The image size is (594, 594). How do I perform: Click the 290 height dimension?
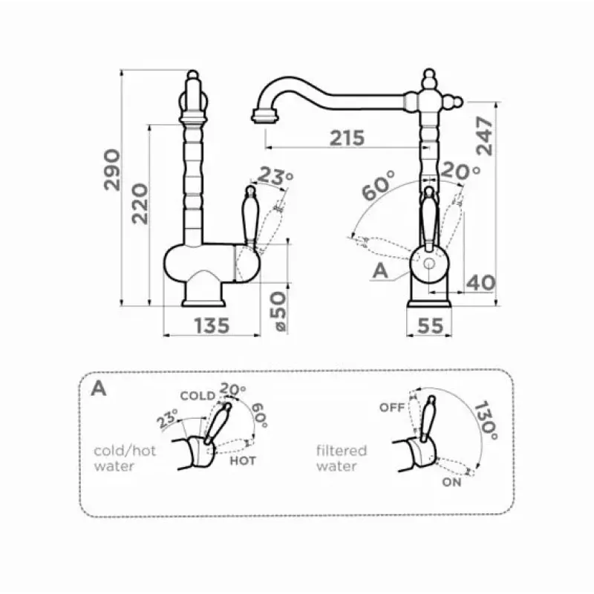(x=112, y=170)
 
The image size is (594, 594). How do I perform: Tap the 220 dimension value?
(x=140, y=203)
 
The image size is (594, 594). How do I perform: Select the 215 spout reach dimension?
(x=347, y=138)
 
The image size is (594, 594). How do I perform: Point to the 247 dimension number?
(x=485, y=136)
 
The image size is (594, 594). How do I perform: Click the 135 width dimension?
(x=212, y=326)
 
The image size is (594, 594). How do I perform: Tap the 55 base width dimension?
(x=431, y=326)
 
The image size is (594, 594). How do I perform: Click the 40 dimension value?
(x=480, y=283)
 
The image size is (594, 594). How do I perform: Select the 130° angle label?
(x=486, y=420)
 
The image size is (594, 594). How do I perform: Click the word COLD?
(x=198, y=396)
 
